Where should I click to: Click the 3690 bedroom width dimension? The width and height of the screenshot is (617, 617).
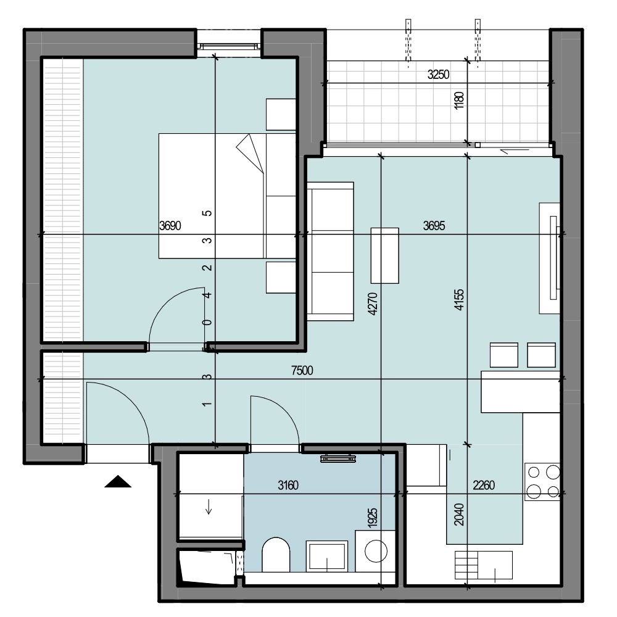(x=170, y=225)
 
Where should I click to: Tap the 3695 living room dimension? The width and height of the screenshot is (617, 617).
(x=434, y=225)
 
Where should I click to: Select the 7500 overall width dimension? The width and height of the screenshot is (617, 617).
(x=302, y=370)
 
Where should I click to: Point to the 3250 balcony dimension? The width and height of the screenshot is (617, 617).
(x=438, y=75)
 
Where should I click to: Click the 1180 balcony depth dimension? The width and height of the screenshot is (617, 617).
(x=459, y=101)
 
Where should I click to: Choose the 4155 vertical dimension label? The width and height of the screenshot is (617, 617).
(x=459, y=300)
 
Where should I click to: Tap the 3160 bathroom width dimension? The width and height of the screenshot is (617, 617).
(x=288, y=485)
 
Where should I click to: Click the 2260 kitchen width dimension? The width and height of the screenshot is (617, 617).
(x=484, y=485)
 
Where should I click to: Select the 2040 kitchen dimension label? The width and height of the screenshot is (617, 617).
(x=459, y=515)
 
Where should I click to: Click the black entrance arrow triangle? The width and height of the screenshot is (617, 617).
(x=118, y=482)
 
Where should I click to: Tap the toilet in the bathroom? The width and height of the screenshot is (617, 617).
(x=276, y=555)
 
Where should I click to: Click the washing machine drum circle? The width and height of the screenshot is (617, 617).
(x=376, y=551)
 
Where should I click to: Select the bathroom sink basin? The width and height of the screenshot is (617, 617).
(x=327, y=557)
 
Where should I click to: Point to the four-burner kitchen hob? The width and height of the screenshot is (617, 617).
(x=542, y=482)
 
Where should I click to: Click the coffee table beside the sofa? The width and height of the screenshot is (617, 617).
(x=385, y=255)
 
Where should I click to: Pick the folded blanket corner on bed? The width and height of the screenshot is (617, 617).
(x=250, y=154)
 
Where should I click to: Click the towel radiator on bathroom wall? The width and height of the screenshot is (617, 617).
(x=338, y=458)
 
